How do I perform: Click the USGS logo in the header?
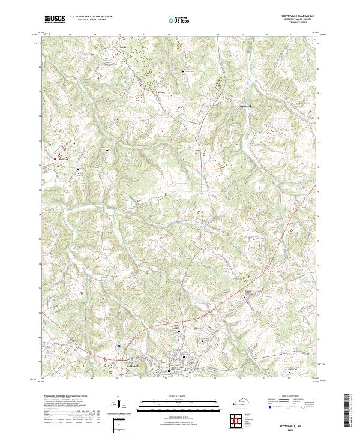point(55,20)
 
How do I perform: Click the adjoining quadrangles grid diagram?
point(238,418)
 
